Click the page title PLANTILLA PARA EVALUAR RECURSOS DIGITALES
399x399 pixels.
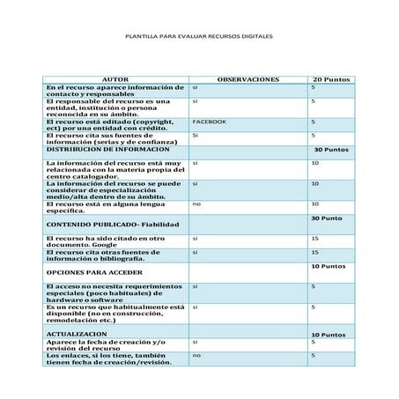(x=199, y=39)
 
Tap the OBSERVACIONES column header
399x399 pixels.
(x=248, y=79)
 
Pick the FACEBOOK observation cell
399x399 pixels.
(x=209, y=121)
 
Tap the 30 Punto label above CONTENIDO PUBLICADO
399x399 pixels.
(x=326, y=218)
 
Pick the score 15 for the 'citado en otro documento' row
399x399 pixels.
(x=314, y=238)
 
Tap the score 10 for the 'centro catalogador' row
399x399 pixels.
(x=314, y=163)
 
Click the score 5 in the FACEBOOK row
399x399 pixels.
(x=313, y=121)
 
